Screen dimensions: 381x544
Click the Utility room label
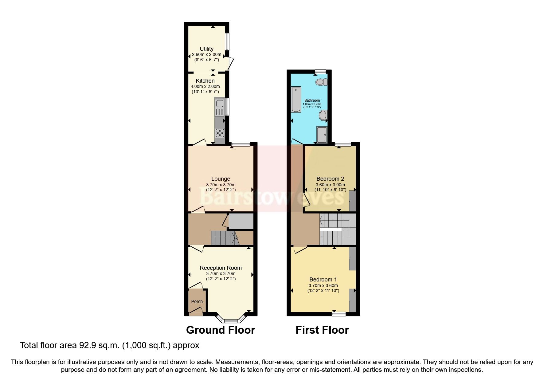point(206,49)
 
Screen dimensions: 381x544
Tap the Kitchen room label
point(205,81)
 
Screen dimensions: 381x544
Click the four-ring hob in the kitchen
point(220,133)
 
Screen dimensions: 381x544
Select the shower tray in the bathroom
point(322,135)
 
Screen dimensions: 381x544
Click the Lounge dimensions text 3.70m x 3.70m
point(221,185)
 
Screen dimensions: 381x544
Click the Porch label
point(197,301)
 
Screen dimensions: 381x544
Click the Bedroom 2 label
point(330,179)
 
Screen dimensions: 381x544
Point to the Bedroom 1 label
point(323,280)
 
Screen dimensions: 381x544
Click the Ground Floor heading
point(221,330)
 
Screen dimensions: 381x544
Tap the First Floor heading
point(322,330)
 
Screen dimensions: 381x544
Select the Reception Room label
point(221,268)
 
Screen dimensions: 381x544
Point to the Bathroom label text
point(312,100)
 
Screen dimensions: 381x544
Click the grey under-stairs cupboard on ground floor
point(241,221)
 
